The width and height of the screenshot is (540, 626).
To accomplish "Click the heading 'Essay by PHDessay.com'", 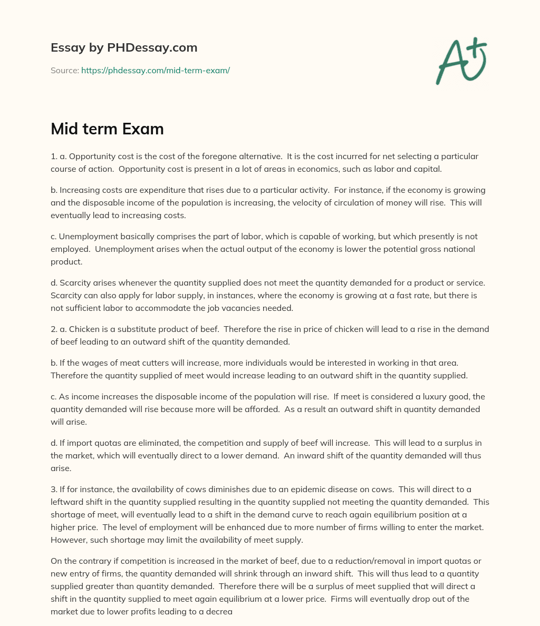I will click(124, 48).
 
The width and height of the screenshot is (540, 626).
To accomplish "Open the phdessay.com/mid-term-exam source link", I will click(156, 70).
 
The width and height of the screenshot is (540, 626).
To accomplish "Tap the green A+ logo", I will click(460, 61).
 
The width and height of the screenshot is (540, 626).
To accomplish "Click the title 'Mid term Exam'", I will click(107, 129).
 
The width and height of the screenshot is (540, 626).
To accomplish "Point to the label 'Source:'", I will click(65, 70).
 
